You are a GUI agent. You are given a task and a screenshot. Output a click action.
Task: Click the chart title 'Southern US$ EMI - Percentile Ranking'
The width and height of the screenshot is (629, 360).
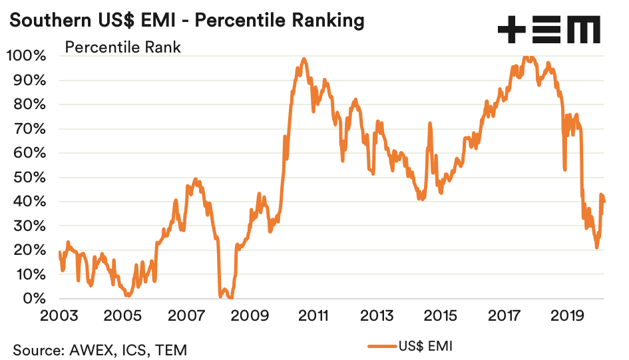click(186, 20)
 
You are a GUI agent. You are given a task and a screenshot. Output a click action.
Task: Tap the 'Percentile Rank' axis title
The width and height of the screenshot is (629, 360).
click(122, 47)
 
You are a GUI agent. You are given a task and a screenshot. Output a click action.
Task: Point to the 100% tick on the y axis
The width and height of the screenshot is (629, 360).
click(27, 56)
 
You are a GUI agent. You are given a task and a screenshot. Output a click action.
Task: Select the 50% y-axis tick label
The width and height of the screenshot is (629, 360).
click(30, 178)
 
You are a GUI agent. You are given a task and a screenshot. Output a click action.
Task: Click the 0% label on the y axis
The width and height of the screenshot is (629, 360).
click(35, 299)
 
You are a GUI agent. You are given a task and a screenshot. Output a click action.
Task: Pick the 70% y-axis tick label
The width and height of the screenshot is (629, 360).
click(30, 129)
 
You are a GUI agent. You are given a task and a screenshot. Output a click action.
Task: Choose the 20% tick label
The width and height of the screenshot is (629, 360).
click(30, 250)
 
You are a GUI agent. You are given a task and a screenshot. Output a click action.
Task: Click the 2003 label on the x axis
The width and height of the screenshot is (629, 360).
click(59, 315)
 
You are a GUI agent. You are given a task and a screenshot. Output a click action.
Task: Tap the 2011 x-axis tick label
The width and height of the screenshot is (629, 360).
click(314, 315)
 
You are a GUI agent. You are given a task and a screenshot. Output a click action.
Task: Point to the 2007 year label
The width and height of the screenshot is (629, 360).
click(186, 315)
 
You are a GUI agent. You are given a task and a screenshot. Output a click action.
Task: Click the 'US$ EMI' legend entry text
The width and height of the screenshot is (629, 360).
click(425, 345)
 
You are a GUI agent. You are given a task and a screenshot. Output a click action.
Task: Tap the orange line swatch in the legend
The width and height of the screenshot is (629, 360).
click(382, 345)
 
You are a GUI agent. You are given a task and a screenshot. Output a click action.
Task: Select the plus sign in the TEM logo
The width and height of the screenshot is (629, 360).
click(511, 30)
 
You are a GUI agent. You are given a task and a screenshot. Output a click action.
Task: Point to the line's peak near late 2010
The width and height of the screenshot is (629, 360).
click(304, 59)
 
